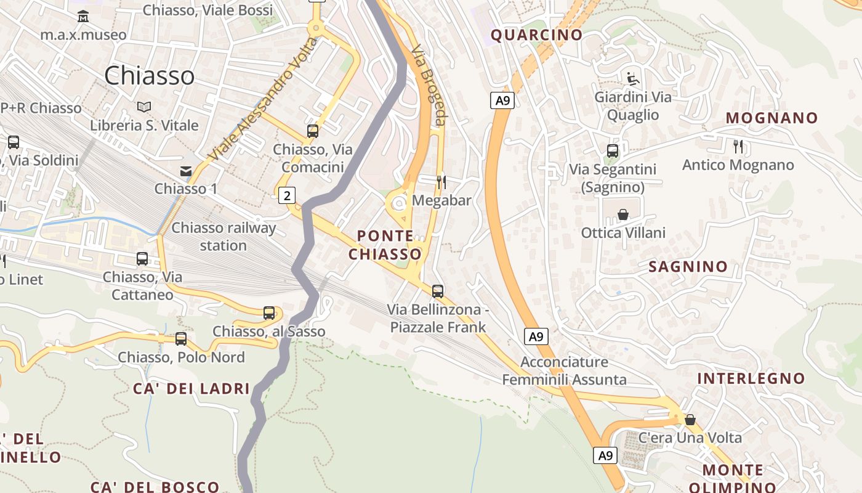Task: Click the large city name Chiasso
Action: click(x=149, y=76)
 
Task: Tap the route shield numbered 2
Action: click(x=287, y=196)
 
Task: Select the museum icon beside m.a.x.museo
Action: click(x=83, y=16)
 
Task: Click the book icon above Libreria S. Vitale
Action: click(x=144, y=107)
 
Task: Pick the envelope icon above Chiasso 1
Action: click(x=185, y=171)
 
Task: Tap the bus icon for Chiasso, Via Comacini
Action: click(x=313, y=131)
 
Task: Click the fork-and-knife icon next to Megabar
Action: click(x=441, y=182)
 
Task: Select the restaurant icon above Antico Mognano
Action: click(x=738, y=147)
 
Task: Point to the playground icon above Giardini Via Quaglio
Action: click(x=632, y=79)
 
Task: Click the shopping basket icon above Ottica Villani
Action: click(x=623, y=214)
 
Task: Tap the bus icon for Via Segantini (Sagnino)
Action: click(x=613, y=151)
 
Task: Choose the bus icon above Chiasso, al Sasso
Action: click(x=269, y=313)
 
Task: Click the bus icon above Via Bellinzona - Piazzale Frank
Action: click(x=438, y=291)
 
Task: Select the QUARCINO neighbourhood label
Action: click(x=536, y=35)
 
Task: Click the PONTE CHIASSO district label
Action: click(x=385, y=245)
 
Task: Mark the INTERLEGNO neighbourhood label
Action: click(x=751, y=378)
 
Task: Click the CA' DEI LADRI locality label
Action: click(x=191, y=389)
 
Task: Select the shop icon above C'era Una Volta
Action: click(x=690, y=420)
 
